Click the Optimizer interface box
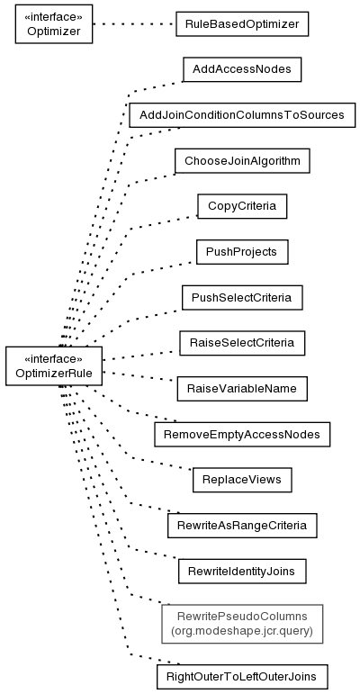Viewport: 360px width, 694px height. coord(54,24)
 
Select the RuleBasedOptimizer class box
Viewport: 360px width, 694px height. coord(242,24)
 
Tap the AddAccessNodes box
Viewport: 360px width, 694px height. coord(242,69)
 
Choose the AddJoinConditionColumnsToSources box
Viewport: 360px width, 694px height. coord(242,115)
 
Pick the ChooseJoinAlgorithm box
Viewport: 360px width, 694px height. coord(242,160)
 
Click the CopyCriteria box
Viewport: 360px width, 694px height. coord(242,206)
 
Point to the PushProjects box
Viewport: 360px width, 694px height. coord(242,252)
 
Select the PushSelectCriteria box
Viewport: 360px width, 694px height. coord(242,297)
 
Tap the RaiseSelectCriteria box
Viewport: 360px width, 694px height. coord(242,343)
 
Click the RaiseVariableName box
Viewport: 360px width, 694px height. coord(242,389)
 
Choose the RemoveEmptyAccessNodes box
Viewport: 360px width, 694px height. coord(242,434)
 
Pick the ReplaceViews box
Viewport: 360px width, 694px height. coord(242,480)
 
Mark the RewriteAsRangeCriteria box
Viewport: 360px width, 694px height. coord(242,526)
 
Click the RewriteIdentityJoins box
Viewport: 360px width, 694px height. coord(242,572)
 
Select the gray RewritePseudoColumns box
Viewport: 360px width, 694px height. coord(242,624)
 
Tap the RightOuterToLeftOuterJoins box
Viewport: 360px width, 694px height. coord(242,677)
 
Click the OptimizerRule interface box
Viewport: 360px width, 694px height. coord(54,366)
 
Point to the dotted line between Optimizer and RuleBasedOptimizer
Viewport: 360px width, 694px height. coord(134,24)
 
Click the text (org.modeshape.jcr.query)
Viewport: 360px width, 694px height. coord(242,630)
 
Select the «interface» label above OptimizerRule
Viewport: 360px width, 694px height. coord(54,358)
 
